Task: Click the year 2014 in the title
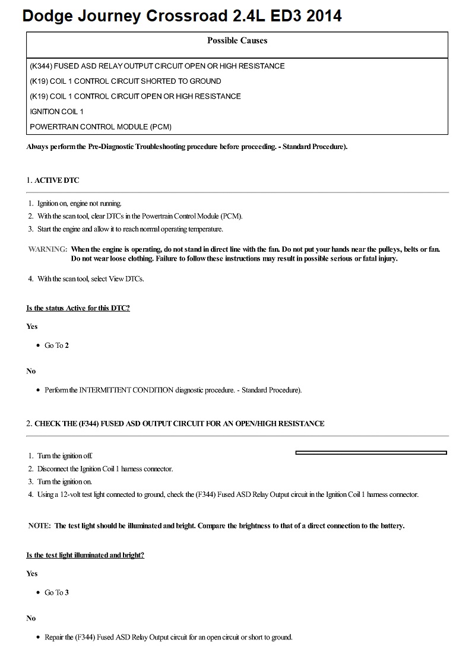pos(322,16)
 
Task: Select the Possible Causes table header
pos(237,40)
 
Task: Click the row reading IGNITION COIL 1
pos(56,112)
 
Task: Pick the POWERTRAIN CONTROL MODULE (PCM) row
pos(100,126)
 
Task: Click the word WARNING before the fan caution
pos(47,249)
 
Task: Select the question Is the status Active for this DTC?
pos(78,308)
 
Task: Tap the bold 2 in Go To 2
pos(66,345)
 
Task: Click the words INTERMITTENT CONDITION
pos(126,390)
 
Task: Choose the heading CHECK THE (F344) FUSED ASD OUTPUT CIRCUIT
pos(179,423)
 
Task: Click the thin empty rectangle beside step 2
pos(371,453)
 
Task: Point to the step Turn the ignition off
pos(65,456)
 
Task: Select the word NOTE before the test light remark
pos(39,525)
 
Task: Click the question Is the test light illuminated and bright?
pos(85,555)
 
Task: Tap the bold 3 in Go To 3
pos(66,592)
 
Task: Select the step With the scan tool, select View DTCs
pos(90,278)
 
